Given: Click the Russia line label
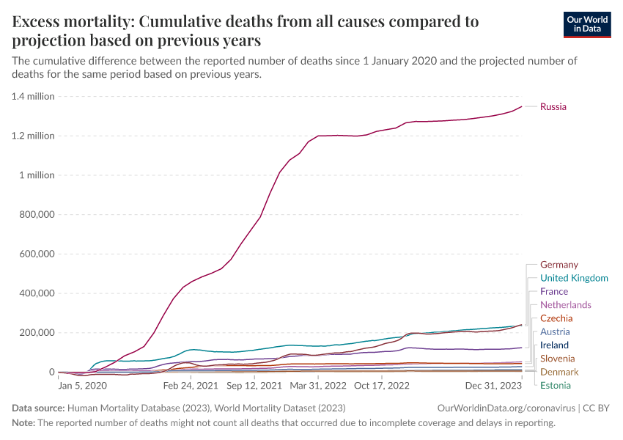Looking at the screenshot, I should pos(553,107).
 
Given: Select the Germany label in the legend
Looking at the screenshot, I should pos(559,265).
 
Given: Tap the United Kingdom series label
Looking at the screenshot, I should pos(574,278).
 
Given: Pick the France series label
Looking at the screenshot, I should pos(553,292).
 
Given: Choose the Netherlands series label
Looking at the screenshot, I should pos(565,305).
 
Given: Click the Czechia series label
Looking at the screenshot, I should pos(556,318).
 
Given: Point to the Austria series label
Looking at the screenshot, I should pos(555,331).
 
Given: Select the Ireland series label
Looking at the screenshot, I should pos(554,345).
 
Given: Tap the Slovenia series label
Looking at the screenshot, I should pos(558,359).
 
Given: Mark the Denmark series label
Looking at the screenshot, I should pos(559,372).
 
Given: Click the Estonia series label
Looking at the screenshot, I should pos(556,385).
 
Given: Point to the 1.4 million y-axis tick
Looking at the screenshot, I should pos(33,96).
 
